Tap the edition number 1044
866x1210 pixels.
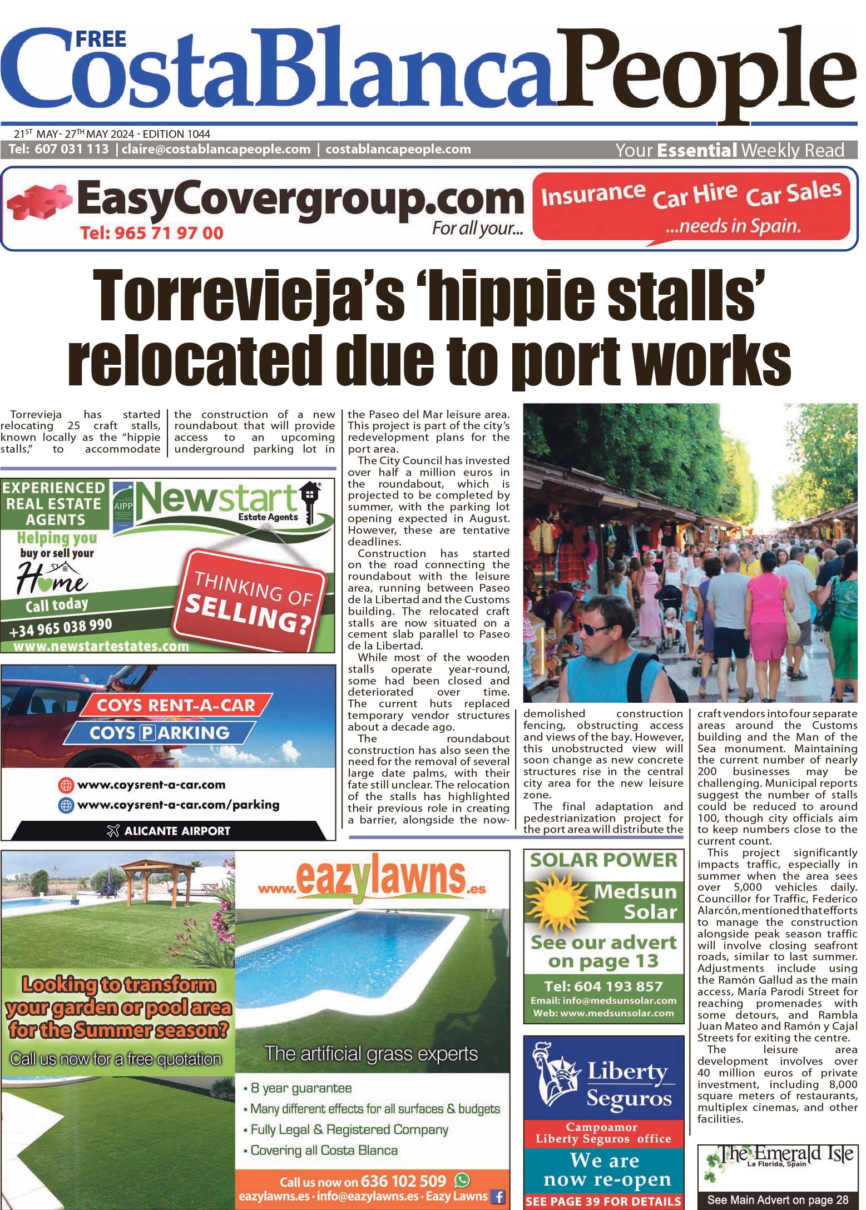click(199, 134)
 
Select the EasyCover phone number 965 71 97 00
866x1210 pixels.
click(152, 232)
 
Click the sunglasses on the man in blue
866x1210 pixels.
click(595, 629)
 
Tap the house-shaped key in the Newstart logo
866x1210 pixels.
click(308, 499)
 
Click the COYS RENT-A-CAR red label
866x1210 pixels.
click(176, 705)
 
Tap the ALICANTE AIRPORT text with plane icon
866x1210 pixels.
click(169, 831)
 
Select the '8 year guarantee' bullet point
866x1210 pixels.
click(301, 1088)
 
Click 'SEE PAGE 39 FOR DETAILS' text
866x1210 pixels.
click(603, 1201)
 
